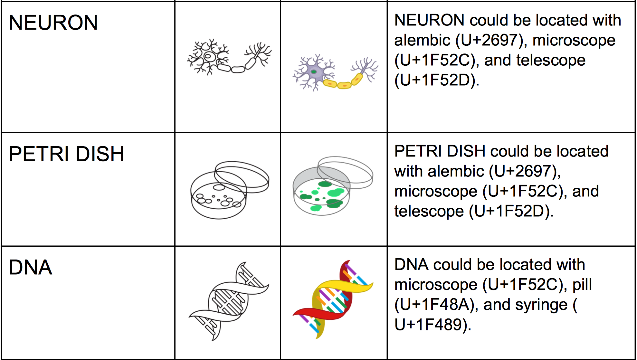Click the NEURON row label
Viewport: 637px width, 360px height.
[x=53, y=23]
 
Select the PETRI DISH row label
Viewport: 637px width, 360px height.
[x=66, y=154]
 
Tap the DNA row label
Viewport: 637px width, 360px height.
[x=30, y=267]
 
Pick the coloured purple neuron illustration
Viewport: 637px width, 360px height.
[x=335, y=73]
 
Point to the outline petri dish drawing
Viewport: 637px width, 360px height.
[x=229, y=190]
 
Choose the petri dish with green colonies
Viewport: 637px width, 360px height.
[x=332, y=186]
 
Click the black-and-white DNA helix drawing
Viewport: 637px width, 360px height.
[x=229, y=301]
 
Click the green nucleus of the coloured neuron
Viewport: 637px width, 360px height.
[x=313, y=71]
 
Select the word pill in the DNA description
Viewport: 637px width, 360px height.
[x=582, y=285]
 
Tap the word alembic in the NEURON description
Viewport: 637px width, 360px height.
[x=422, y=40]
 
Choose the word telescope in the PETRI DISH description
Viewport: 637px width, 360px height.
[x=429, y=211]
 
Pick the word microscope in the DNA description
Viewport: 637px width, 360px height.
[x=436, y=285]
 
